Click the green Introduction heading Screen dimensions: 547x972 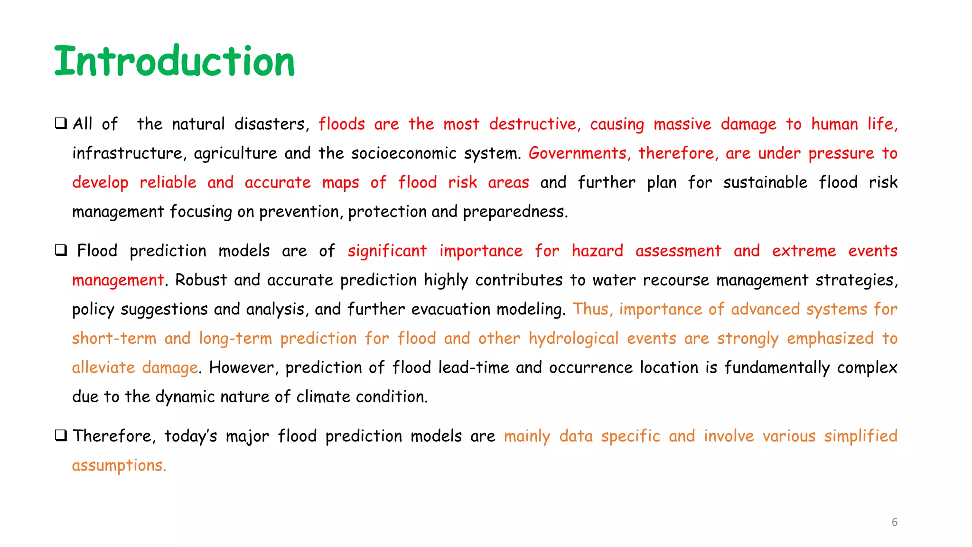point(174,61)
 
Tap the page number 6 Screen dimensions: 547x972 point(894,522)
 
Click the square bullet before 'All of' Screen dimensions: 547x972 point(61,123)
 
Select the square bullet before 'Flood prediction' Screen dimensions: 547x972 point(61,250)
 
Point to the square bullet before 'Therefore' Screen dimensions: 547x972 point(61,435)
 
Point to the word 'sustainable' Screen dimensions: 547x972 point(765,182)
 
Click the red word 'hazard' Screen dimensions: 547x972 point(597,251)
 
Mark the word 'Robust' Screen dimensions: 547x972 point(201,280)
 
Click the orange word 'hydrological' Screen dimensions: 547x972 point(573,339)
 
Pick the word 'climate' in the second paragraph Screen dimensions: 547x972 point(323,397)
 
